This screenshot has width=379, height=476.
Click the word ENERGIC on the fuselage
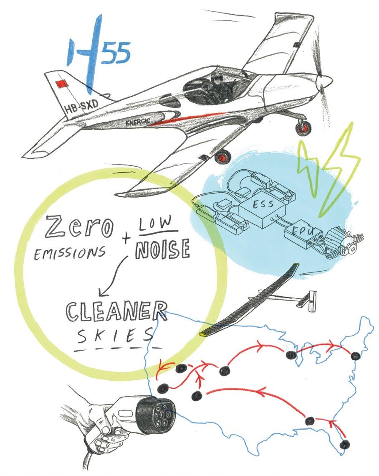coord(137,121)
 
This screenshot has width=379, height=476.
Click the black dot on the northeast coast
coord(355,356)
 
